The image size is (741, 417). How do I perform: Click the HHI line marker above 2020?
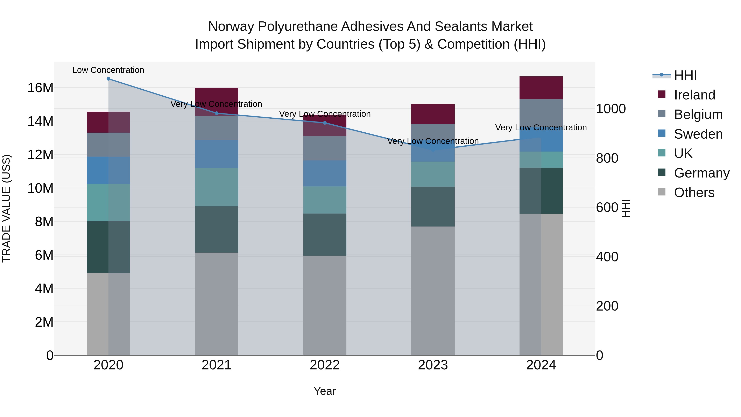(108, 79)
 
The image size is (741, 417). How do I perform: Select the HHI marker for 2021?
(217, 113)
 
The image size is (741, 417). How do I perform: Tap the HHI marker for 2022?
(325, 123)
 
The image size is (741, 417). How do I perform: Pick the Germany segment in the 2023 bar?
(433, 207)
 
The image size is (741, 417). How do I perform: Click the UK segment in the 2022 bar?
(325, 200)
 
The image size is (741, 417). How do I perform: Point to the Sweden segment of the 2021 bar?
(217, 154)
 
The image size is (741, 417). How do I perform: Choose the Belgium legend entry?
(698, 114)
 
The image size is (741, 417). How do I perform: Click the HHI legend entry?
(685, 75)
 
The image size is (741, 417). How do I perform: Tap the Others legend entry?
(694, 193)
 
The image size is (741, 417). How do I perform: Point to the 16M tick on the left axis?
(40, 88)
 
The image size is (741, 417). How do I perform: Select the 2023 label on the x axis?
(433, 365)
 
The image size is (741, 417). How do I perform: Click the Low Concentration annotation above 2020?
(108, 70)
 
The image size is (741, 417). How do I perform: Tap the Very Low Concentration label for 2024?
(541, 127)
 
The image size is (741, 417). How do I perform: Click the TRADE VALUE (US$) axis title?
(6, 208)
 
